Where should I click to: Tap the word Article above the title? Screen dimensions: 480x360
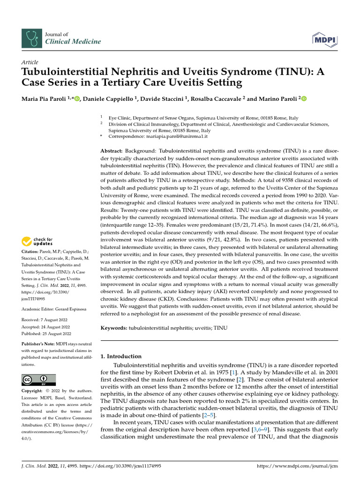point(30,62)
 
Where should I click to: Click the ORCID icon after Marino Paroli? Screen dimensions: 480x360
point(303,98)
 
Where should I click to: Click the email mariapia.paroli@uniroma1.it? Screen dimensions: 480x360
point(175,136)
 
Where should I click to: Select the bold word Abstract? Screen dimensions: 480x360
point(112,151)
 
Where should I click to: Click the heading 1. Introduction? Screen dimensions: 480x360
point(121,356)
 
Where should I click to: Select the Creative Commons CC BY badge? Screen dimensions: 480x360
point(38,380)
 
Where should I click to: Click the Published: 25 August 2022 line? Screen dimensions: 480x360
point(46,333)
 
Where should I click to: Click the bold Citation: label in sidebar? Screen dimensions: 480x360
point(32,252)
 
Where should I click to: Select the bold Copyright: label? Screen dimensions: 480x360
point(34,391)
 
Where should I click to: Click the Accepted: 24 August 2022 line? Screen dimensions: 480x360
point(46,327)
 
